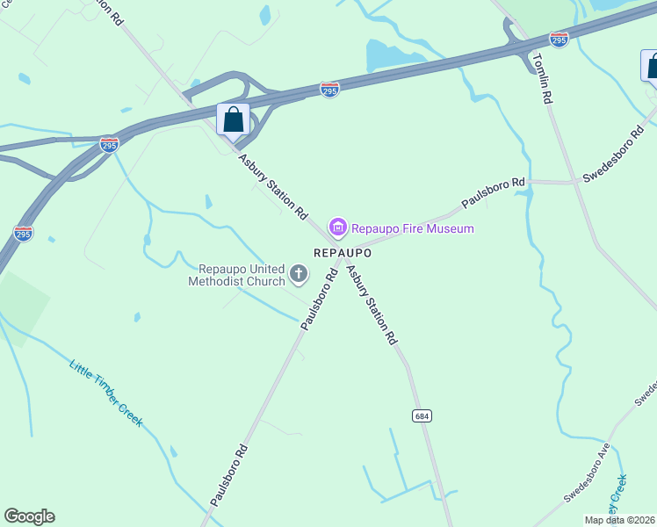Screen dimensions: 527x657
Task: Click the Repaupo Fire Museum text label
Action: (413, 229)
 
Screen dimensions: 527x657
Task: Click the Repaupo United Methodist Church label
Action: (242, 275)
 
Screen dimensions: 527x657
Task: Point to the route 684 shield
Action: (422, 415)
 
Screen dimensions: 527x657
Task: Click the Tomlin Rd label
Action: (541, 80)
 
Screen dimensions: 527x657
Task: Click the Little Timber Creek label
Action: (105, 393)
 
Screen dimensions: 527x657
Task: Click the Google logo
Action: (29, 516)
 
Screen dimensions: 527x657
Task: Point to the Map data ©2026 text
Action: (620, 520)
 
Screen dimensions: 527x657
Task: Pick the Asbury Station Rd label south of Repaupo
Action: (372, 304)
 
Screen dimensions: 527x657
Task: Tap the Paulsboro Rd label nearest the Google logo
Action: (228, 474)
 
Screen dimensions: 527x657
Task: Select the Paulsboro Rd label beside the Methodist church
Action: (320, 300)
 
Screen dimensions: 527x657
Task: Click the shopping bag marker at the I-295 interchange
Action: (233, 120)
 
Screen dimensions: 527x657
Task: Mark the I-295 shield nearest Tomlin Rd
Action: (559, 40)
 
